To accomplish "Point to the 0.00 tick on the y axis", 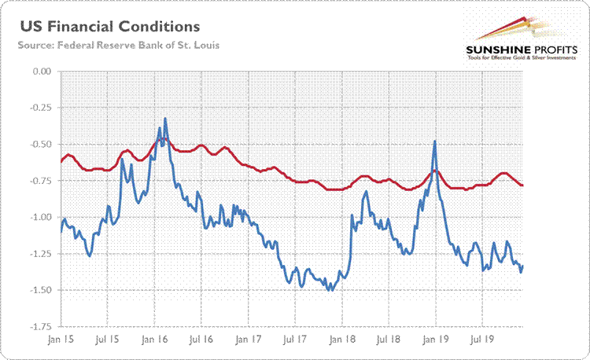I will click(39, 72).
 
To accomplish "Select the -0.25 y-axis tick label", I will click(37, 108).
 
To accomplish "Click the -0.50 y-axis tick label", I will click(37, 145).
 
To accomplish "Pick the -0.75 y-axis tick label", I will click(37, 181).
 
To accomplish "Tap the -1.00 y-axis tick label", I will click(37, 217).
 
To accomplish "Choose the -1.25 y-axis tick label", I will click(37, 254).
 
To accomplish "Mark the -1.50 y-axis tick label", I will click(37, 290).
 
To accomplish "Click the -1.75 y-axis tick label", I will click(37, 326).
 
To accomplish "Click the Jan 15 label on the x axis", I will click(61, 343).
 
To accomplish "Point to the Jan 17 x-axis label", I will click(249, 343).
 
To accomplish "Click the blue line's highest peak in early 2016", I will click(165, 119).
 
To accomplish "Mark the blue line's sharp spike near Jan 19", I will click(434, 141).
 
